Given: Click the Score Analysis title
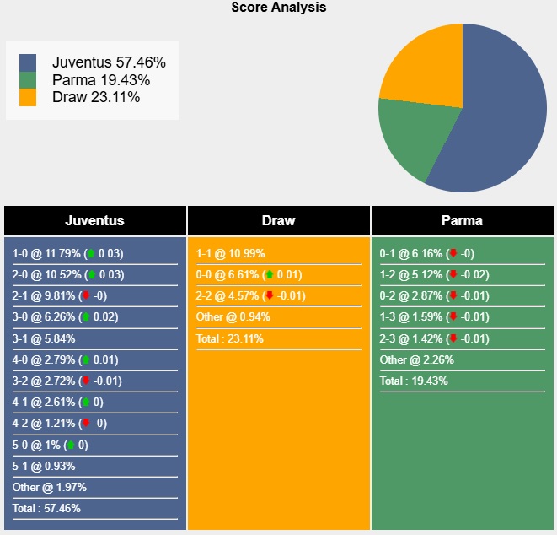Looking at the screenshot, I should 278,8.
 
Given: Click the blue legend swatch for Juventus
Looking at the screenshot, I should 28,63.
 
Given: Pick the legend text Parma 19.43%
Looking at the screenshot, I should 101,80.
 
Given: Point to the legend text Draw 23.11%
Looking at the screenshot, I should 96,97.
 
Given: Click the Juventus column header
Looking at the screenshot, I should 94,221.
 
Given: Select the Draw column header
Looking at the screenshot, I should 278,221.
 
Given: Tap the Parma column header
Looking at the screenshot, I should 462,221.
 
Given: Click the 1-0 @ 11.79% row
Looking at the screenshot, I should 67,253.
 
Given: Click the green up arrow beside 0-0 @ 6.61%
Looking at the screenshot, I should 269,275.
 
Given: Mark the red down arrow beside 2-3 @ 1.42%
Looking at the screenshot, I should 453,338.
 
